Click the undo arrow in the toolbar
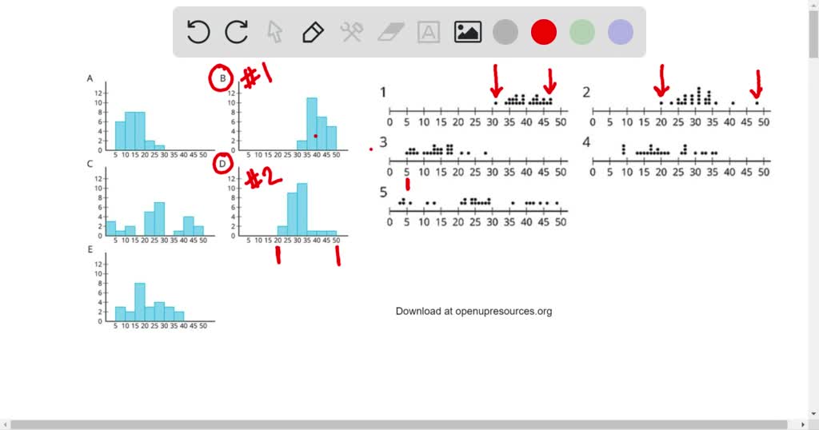(198, 32)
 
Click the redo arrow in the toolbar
(236, 32)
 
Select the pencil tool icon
(313, 32)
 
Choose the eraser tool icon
(391, 32)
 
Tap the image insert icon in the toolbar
(468, 32)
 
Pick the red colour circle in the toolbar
(544, 32)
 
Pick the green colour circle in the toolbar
(582, 32)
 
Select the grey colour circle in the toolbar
(505, 32)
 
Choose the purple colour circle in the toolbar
(621, 32)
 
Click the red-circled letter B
(222, 78)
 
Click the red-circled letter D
(222, 165)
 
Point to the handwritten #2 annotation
(263, 177)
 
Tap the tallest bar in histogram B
(312, 124)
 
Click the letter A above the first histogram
(90, 78)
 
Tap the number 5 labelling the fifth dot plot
(383, 192)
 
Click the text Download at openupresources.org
(473, 311)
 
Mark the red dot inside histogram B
(316, 136)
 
